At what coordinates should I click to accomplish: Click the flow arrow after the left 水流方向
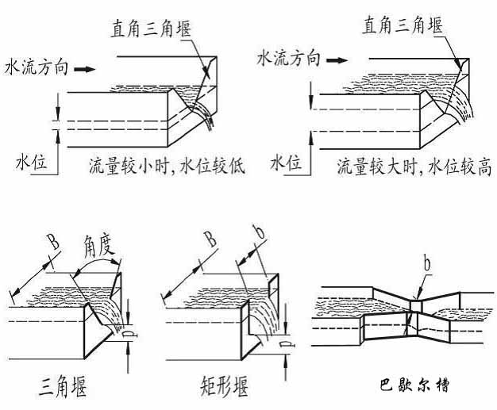[x=84, y=70]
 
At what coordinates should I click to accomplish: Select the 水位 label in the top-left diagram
[x=30, y=164]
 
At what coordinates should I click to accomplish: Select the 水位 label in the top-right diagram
[x=285, y=164]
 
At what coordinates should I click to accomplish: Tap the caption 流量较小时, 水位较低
[x=168, y=167]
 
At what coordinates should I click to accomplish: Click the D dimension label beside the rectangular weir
[x=285, y=345]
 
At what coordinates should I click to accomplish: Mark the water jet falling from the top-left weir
[x=208, y=115]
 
